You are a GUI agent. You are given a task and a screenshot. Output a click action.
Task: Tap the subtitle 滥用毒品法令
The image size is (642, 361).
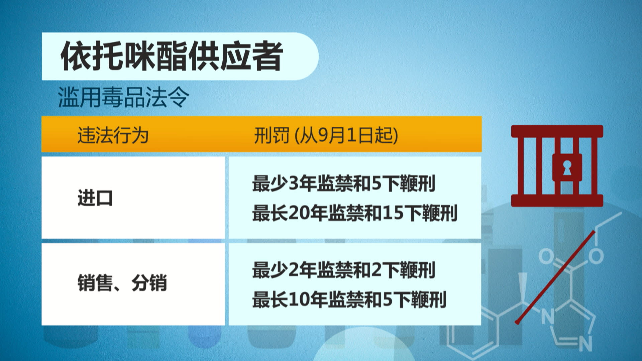coord(123,97)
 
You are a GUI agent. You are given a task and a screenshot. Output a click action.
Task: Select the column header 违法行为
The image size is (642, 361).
coord(113,135)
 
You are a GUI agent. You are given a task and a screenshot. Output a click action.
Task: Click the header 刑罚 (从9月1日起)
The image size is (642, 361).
coord(326,135)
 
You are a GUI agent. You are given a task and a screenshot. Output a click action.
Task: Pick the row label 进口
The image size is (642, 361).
coord(95,198)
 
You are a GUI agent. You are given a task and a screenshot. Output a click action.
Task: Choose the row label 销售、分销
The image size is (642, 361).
coord(122,283)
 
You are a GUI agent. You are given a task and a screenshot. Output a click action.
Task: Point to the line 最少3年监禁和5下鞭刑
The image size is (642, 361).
coord(344,184)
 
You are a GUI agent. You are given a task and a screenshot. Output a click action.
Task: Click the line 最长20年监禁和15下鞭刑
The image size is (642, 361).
coord(355,213)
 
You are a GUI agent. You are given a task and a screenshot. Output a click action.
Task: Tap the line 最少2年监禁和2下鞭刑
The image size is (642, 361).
coord(344,270)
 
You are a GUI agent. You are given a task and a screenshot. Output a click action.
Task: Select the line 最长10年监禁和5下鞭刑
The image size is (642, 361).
coord(349,299)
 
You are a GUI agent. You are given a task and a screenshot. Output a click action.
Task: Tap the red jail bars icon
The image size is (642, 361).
coord(557,166)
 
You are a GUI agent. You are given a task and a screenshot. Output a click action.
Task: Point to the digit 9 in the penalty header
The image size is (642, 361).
coord(322,135)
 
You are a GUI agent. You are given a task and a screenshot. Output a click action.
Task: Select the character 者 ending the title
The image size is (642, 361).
coord(268,56)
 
